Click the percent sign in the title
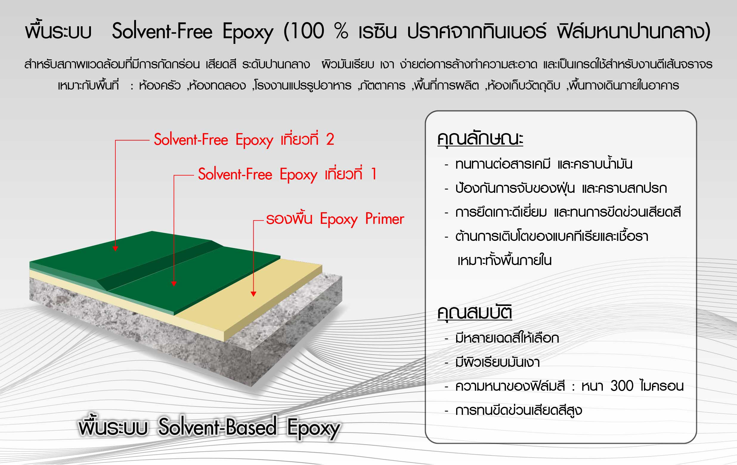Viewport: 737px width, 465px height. (x=341, y=31)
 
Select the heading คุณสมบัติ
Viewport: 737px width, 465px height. (x=475, y=312)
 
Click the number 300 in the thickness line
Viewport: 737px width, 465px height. (x=622, y=386)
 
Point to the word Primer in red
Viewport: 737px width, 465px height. (x=385, y=219)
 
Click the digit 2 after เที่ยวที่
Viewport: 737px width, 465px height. (x=330, y=139)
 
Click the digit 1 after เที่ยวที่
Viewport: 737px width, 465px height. (x=374, y=174)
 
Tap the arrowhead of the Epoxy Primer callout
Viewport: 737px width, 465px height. (x=253, y=294)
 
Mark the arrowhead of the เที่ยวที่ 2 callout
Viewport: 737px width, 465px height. (x=115, y=248)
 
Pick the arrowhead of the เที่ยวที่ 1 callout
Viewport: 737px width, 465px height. (x=174, y=284)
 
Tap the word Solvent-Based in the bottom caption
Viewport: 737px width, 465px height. (x=218, y=427)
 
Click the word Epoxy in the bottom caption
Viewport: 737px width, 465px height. (x=313, y=428)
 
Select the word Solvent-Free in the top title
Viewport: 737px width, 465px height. (x=162, y=31)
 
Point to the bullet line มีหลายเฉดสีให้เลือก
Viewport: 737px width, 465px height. (x=507, y=338)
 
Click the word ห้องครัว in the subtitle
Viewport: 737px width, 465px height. (x=160, y=85)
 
